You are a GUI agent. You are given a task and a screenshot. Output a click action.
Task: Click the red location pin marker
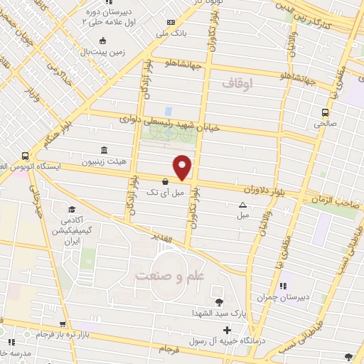tap(183, 167)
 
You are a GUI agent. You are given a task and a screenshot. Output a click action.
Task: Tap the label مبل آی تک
tap(165, 192)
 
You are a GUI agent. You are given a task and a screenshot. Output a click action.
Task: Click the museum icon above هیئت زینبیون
tap(105, 150)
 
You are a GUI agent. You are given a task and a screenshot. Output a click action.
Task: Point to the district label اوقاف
tap(237, 85)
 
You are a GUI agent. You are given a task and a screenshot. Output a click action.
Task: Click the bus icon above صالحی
tap(325, 112)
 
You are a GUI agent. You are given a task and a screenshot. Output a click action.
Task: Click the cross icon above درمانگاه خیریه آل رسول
tap(227, 330)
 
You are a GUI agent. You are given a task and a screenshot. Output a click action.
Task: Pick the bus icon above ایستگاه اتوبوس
tap(25, 155)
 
